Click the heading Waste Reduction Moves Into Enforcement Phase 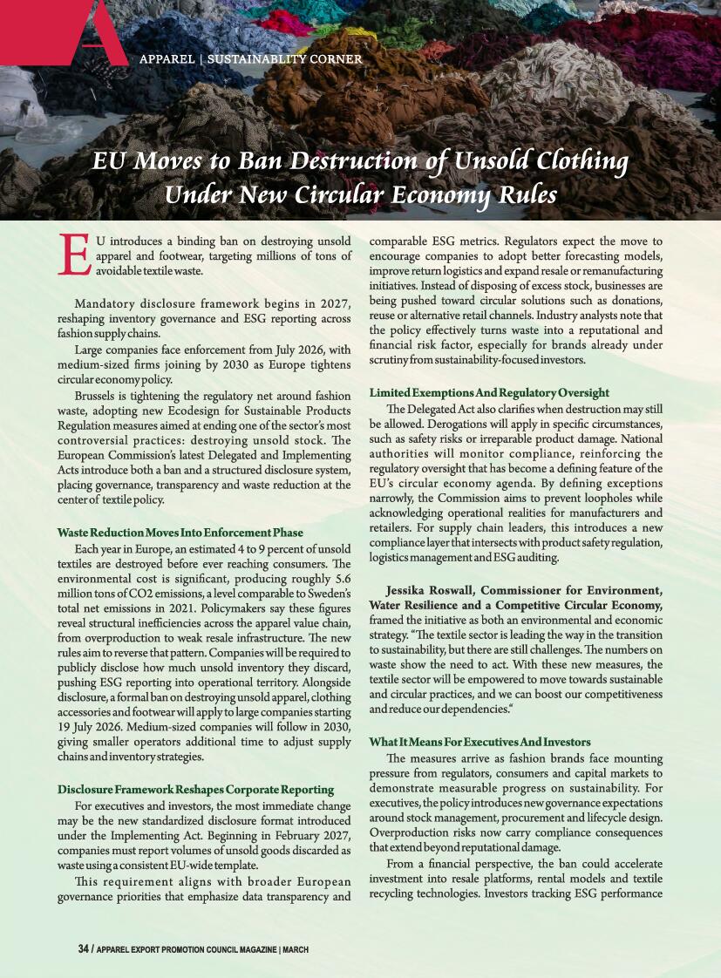tap(180, 532)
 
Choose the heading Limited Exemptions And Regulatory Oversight tap(488, 393)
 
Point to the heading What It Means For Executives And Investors tap(480, 742)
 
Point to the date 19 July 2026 tap(91, 725)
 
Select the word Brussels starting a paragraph tap(97, 397)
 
